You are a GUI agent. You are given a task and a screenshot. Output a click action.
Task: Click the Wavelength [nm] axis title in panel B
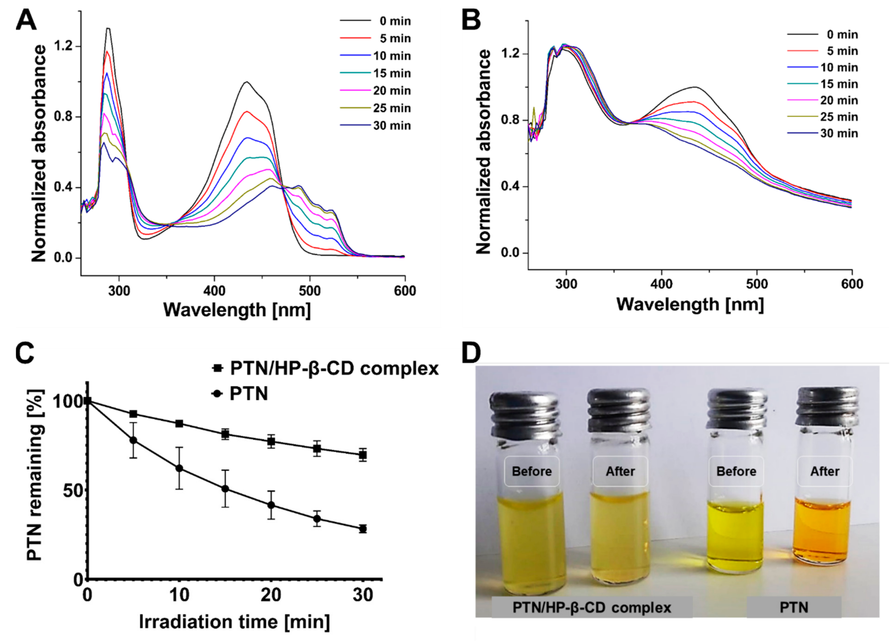(690, 304)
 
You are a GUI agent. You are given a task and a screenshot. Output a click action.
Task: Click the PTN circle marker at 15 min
(225, 489)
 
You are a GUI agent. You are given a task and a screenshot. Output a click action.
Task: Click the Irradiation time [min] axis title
(235, 622)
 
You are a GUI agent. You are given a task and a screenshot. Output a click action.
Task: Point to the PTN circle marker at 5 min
(134, 441)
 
